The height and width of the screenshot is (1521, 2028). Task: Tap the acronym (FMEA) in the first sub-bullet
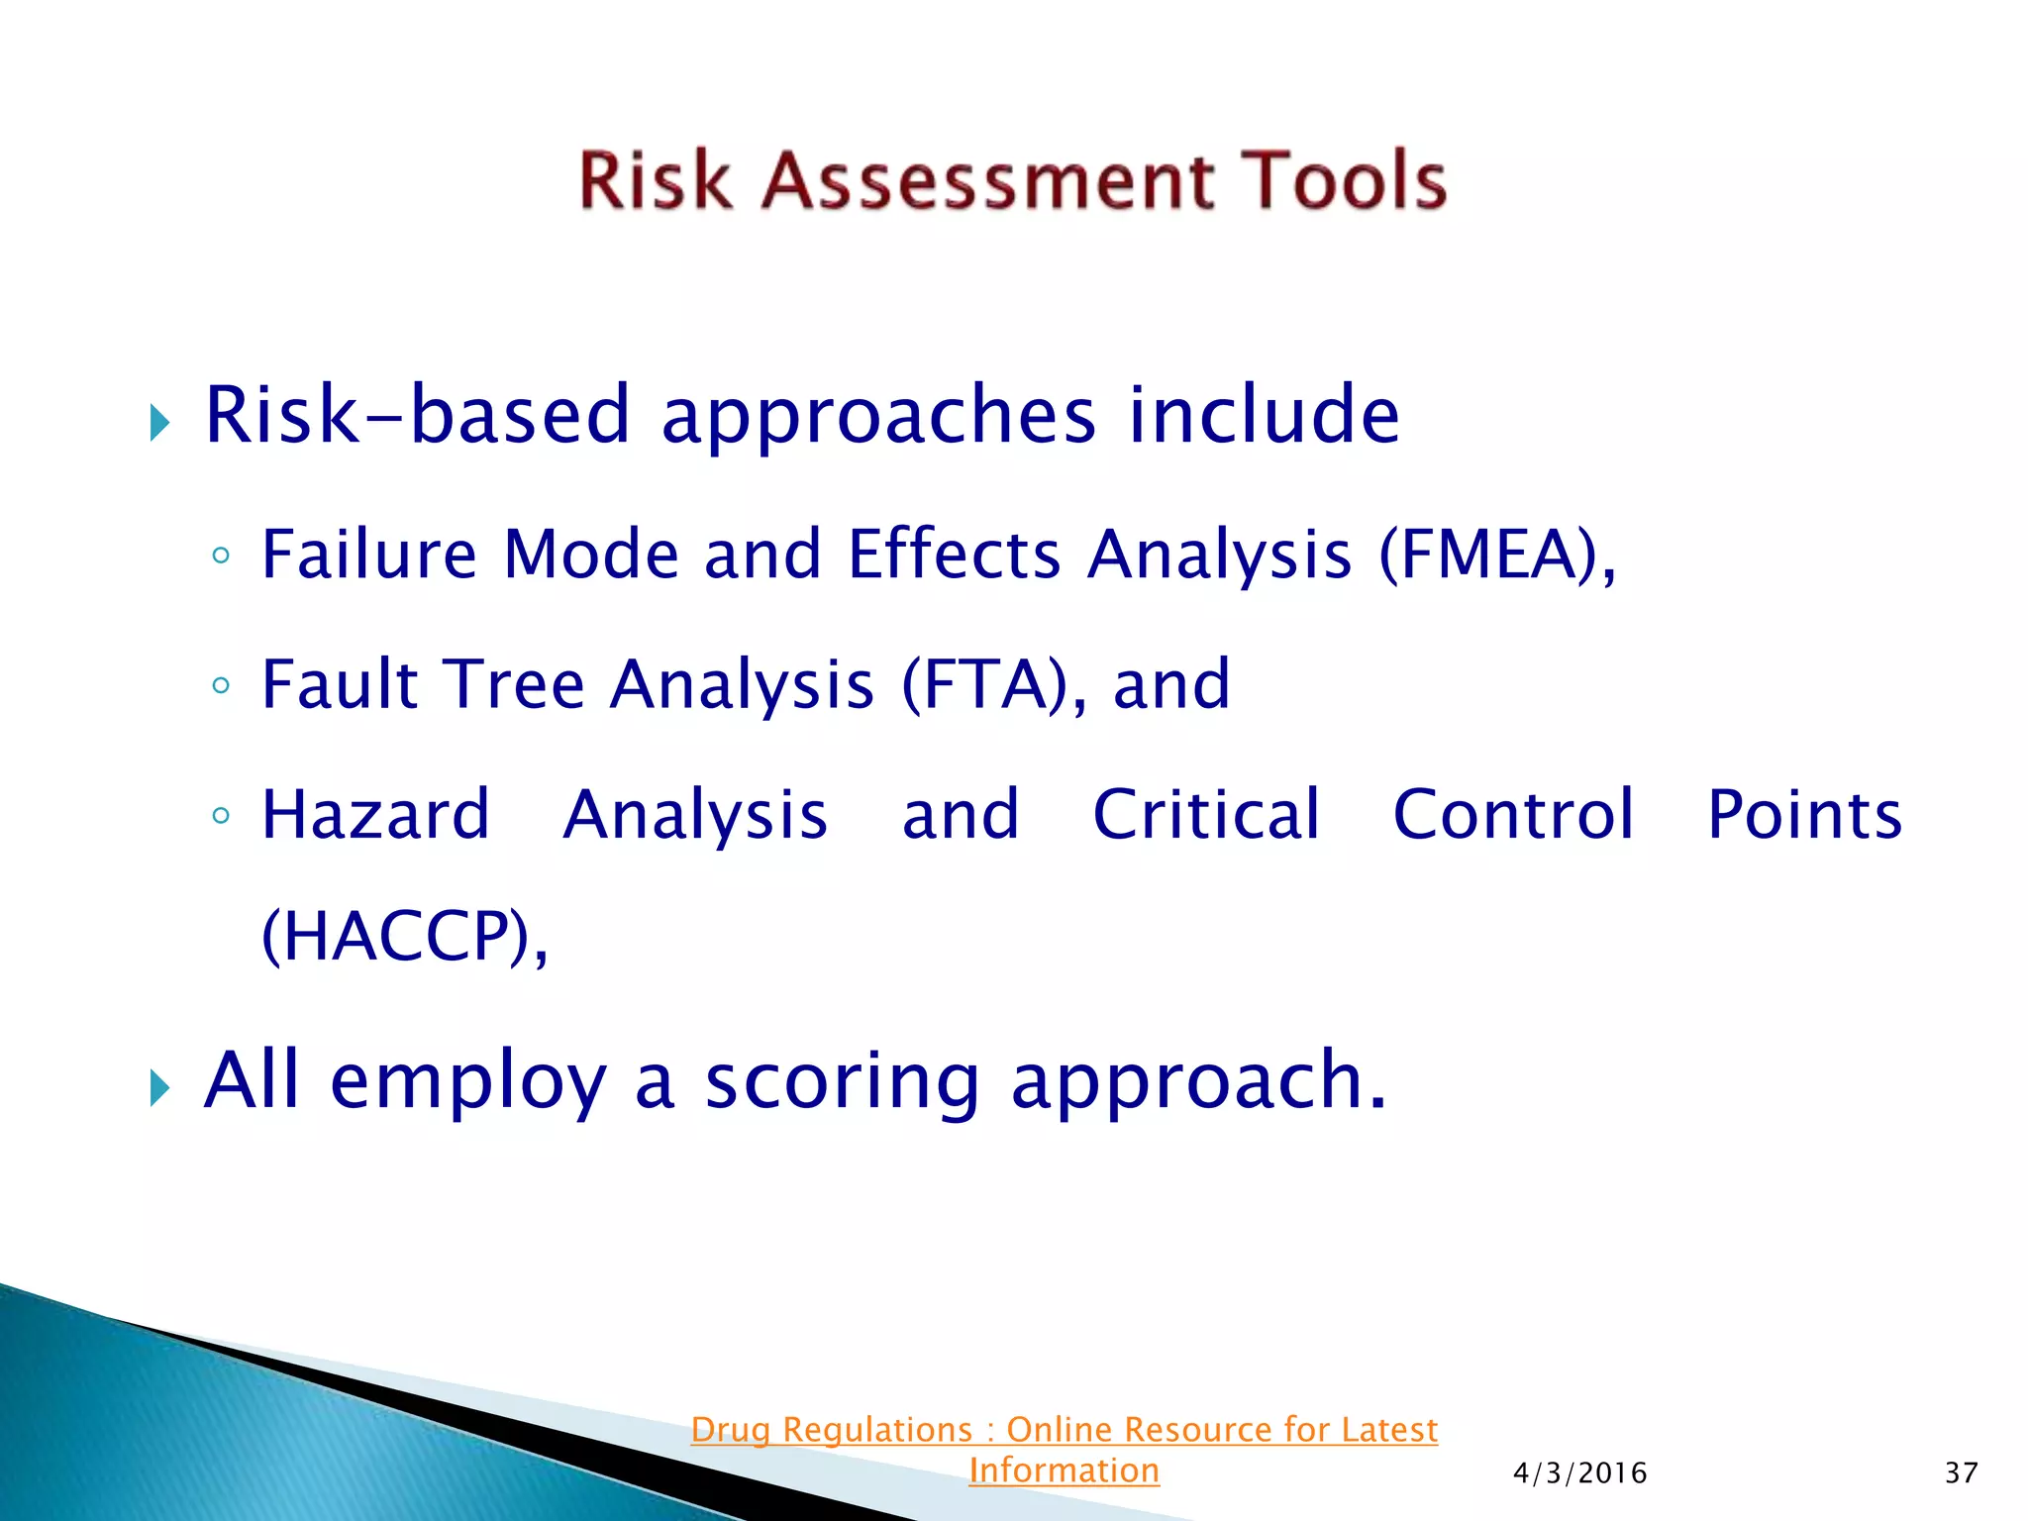(1490, 555)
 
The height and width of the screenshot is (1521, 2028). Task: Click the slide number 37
(1961, 1473)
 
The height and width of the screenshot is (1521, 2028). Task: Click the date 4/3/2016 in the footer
(1579, 1473)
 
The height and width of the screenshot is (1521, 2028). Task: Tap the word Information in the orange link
(1064, 1470)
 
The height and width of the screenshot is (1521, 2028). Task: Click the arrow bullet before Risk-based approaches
(160, 423)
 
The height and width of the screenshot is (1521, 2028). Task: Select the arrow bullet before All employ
(160, 1088)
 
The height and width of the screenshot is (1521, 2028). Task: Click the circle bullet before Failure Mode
(221, 556)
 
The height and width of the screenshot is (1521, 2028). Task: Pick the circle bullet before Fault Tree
(221, 685)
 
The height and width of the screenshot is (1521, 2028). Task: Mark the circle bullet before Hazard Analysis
(221, 816)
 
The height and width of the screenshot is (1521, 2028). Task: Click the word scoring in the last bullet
(842, 1081)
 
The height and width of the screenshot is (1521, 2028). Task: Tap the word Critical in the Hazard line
(1206, 815)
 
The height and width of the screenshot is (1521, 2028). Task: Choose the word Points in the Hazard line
(1804, 815)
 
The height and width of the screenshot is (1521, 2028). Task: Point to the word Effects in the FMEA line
(955, 555)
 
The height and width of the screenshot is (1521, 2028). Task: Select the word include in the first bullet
(1264, 415)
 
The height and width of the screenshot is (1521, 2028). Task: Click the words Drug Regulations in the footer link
(832, 1430)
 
